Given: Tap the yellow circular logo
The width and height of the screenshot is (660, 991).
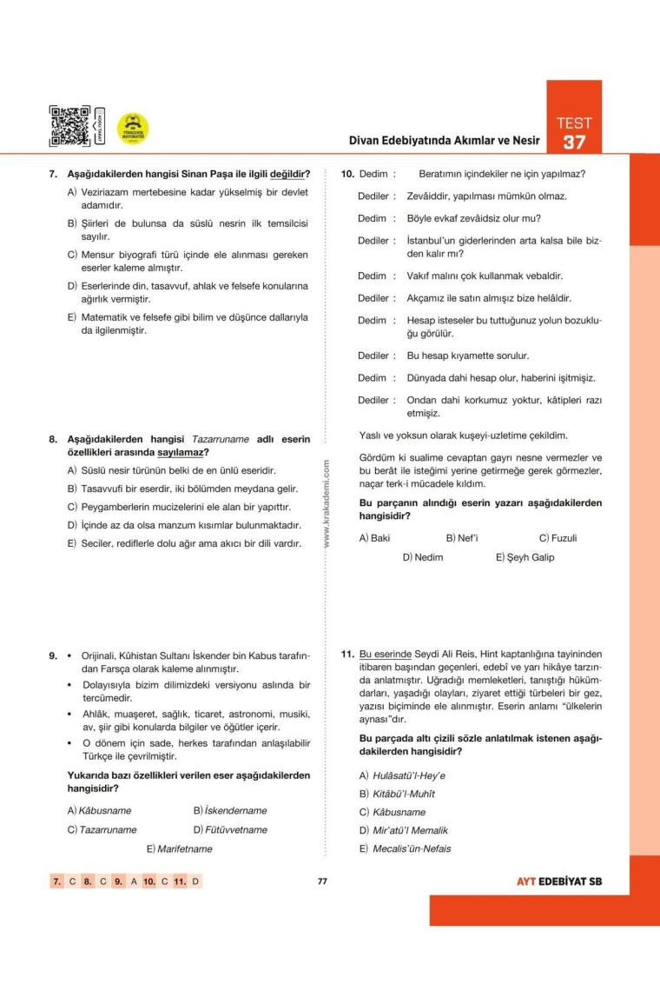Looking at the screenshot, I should (x=132, y=129).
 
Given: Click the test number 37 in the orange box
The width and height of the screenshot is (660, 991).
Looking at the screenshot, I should (x=574, y=142).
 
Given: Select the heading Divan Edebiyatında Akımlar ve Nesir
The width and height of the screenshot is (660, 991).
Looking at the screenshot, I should (x=444, y=140).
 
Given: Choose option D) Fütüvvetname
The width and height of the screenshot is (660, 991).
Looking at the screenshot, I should (x=230, y=829).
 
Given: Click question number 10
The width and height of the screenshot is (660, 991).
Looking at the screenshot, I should (x=347, y=174).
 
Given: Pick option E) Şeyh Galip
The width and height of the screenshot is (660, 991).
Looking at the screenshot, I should (x=525, y=557).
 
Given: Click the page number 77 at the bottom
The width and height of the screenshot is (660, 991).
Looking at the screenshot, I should (x=321, y=881).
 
